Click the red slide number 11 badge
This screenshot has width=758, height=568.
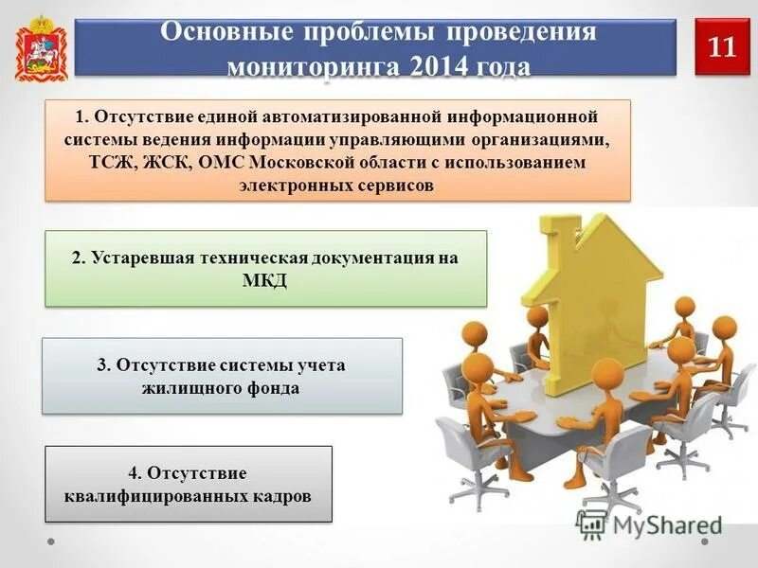[722, 47]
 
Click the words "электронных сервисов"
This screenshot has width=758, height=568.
[337, 186]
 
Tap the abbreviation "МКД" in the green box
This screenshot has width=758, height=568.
[265, 281]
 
